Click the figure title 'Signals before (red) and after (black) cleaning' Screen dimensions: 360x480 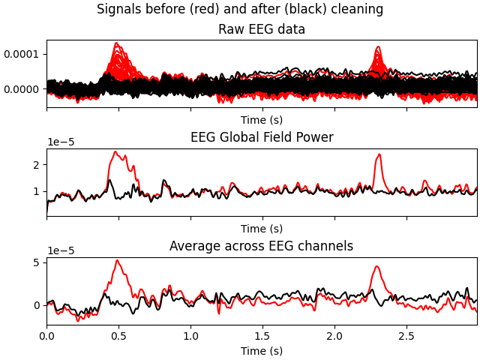click(240, 10)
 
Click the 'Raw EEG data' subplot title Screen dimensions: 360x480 click(262, 30)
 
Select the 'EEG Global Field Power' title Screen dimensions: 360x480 click(262, 137)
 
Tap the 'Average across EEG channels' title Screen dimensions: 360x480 click(262, 246)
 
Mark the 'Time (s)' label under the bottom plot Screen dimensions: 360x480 click(262, 351)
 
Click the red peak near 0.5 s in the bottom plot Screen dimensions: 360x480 click(117, 261)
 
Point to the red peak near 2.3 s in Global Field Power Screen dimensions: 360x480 click(379, 154)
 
